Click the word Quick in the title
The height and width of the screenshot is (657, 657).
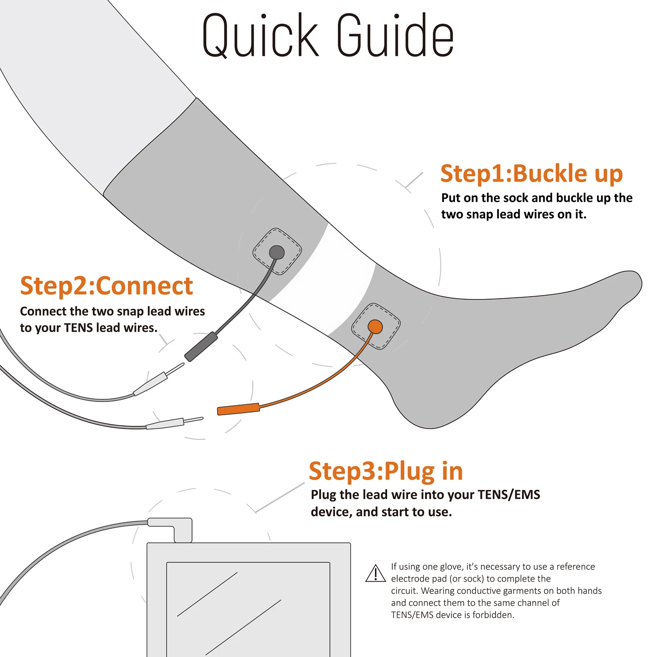point(260,35)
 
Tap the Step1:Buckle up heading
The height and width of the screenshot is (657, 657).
point(531,174)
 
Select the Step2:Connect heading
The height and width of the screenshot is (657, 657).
point(106,286)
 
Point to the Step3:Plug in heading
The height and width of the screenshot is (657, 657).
point(386,471)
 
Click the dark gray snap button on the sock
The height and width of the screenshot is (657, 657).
point(277,252)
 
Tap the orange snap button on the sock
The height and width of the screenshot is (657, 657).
point(375,327)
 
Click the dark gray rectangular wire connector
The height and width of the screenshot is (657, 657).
point(201,347)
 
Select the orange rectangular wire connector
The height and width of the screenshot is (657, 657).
point(239,409)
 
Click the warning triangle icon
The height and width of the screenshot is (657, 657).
point(375,573)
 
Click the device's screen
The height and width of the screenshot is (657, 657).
point(248,609)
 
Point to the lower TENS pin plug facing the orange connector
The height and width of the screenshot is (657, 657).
point(175,423)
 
